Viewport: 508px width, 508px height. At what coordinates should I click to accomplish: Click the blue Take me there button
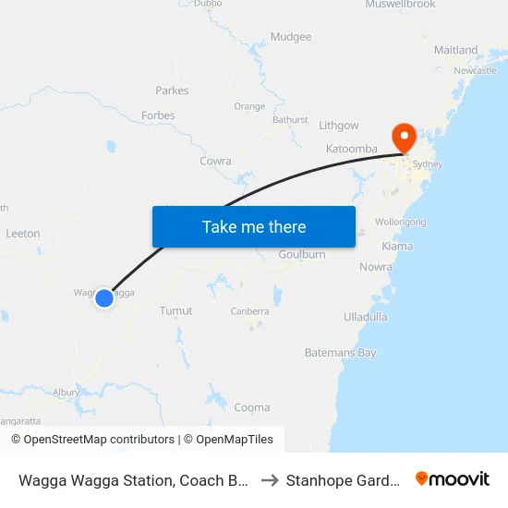pos(254,226)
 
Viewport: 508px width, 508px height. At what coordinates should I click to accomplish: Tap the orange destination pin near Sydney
pos(404,138)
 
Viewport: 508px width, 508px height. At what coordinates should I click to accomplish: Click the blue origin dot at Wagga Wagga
pos(104,298)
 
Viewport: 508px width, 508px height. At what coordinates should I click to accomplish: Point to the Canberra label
pos(249,311)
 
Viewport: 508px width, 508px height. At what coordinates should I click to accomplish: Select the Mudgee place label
pos(291,37)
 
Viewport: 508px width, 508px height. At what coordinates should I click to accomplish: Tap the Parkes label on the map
pos(173,91)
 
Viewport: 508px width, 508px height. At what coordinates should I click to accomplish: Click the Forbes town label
pos(158,115)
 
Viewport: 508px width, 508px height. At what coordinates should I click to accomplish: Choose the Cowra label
pos(215,161)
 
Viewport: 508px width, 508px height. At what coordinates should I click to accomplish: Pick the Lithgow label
pos(338,125)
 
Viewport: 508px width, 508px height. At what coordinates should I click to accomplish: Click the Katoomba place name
pos(352,149)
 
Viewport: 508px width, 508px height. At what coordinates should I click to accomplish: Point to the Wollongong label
pos(400,223)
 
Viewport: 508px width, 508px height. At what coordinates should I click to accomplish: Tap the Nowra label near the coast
pos(375,267)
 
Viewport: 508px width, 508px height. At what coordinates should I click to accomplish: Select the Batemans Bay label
pos(341,353)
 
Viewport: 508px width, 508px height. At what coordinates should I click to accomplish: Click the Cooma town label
pos(252,407)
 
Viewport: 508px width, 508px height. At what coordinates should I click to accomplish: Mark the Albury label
pos(66,393)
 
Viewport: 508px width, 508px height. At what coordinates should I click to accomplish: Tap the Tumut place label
pos(175,311)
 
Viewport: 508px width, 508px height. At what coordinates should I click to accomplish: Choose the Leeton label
pos(23,234)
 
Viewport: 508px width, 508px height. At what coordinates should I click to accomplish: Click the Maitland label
pos(456,50)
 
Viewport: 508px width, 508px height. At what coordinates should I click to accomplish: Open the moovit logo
pos(453,479)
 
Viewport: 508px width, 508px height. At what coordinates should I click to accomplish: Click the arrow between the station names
pos(270,480)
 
